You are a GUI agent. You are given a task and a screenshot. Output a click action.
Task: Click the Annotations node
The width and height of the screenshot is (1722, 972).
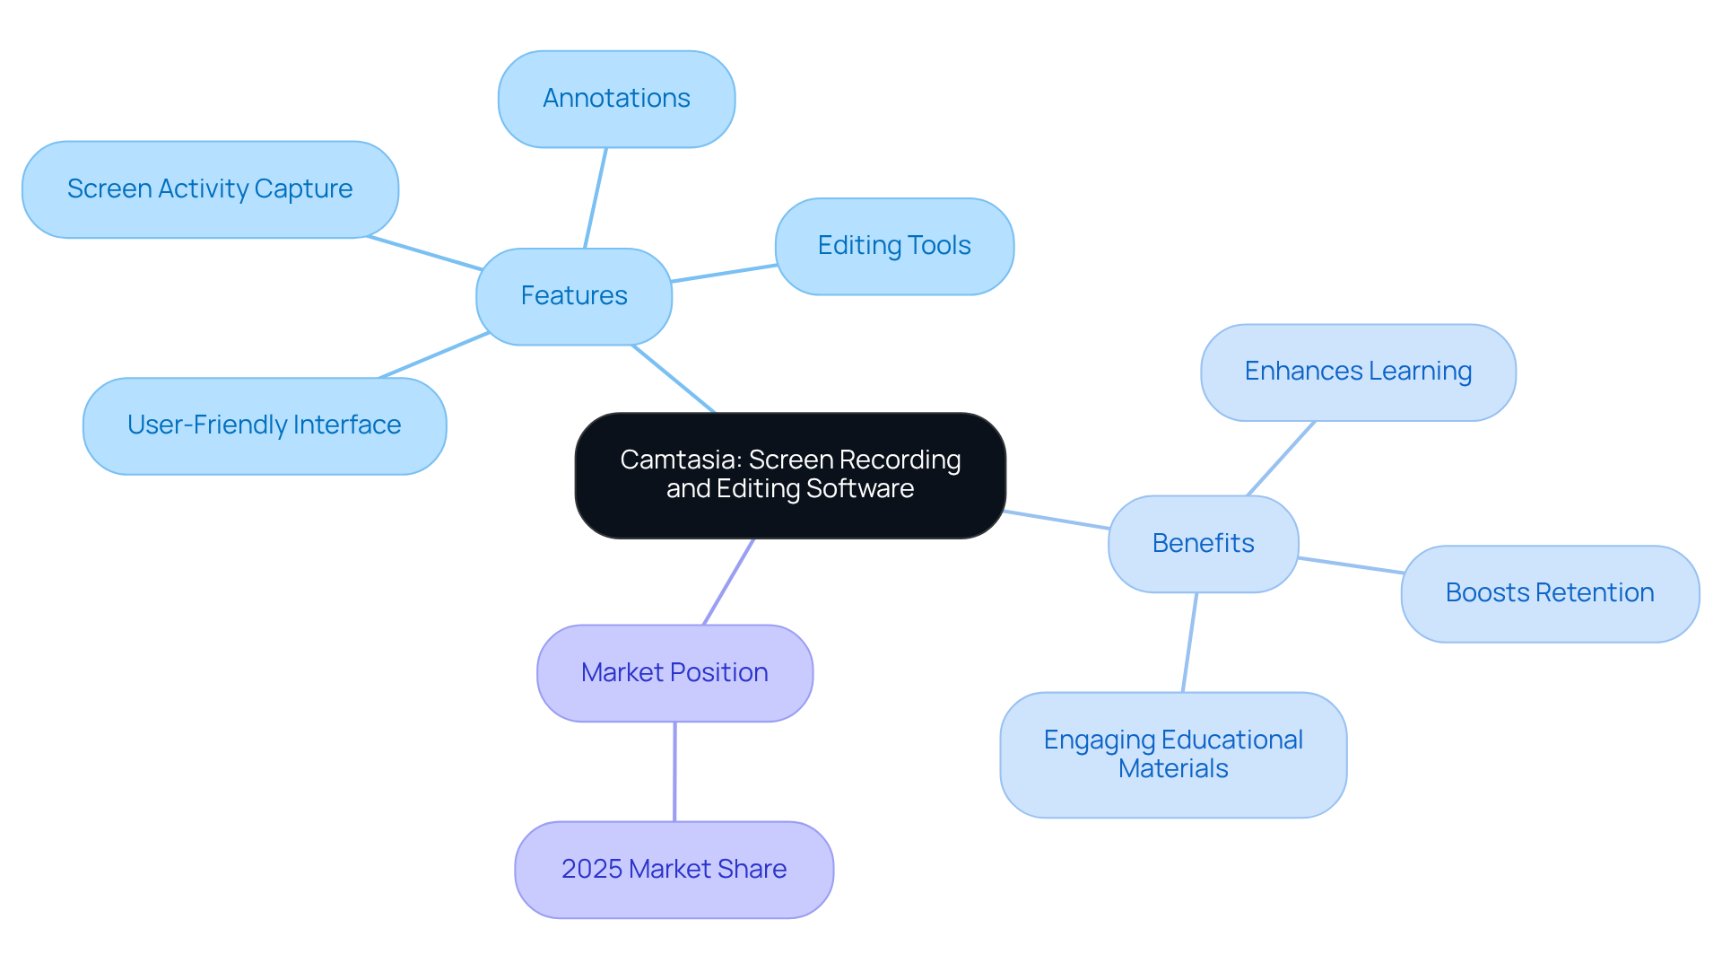coord(616,99)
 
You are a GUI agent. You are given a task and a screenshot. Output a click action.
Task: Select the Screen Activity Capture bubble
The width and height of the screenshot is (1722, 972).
coord(210,189)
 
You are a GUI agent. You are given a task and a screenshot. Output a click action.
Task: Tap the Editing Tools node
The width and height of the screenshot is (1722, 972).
coord(894,246)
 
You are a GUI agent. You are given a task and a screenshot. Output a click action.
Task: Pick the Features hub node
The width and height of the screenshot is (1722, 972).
coord(574,296)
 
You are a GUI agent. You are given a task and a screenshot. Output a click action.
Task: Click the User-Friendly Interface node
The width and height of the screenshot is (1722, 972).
coord(265,425)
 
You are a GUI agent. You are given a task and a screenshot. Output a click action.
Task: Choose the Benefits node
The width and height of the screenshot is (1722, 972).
coord(1203,544)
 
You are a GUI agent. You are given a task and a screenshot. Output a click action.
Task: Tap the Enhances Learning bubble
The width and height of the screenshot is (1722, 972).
coord(1358,372)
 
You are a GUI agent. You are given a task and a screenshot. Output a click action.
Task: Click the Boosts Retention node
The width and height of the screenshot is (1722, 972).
coord(1550,593)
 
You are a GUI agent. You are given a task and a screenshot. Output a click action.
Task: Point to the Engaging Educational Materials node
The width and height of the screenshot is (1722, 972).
coord(1173,754)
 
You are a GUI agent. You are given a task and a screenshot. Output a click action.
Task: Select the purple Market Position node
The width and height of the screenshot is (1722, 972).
coord(674,673)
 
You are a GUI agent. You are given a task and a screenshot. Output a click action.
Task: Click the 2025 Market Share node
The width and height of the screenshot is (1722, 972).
coord(674,870)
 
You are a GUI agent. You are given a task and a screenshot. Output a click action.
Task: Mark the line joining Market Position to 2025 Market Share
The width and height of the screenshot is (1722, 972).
coord(674,772)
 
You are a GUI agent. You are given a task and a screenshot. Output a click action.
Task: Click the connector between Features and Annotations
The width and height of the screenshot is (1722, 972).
coord(596,198)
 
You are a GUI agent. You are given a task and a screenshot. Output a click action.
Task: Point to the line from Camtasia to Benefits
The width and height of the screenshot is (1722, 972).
coord(1057,521)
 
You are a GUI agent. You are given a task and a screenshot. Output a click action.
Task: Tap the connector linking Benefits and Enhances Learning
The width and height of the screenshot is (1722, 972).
coord(1281,459)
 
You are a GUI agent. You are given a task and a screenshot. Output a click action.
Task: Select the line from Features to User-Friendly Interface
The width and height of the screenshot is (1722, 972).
coord(434,355)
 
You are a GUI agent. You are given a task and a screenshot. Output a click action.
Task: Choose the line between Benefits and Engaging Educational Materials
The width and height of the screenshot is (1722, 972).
coord(1189,643)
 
